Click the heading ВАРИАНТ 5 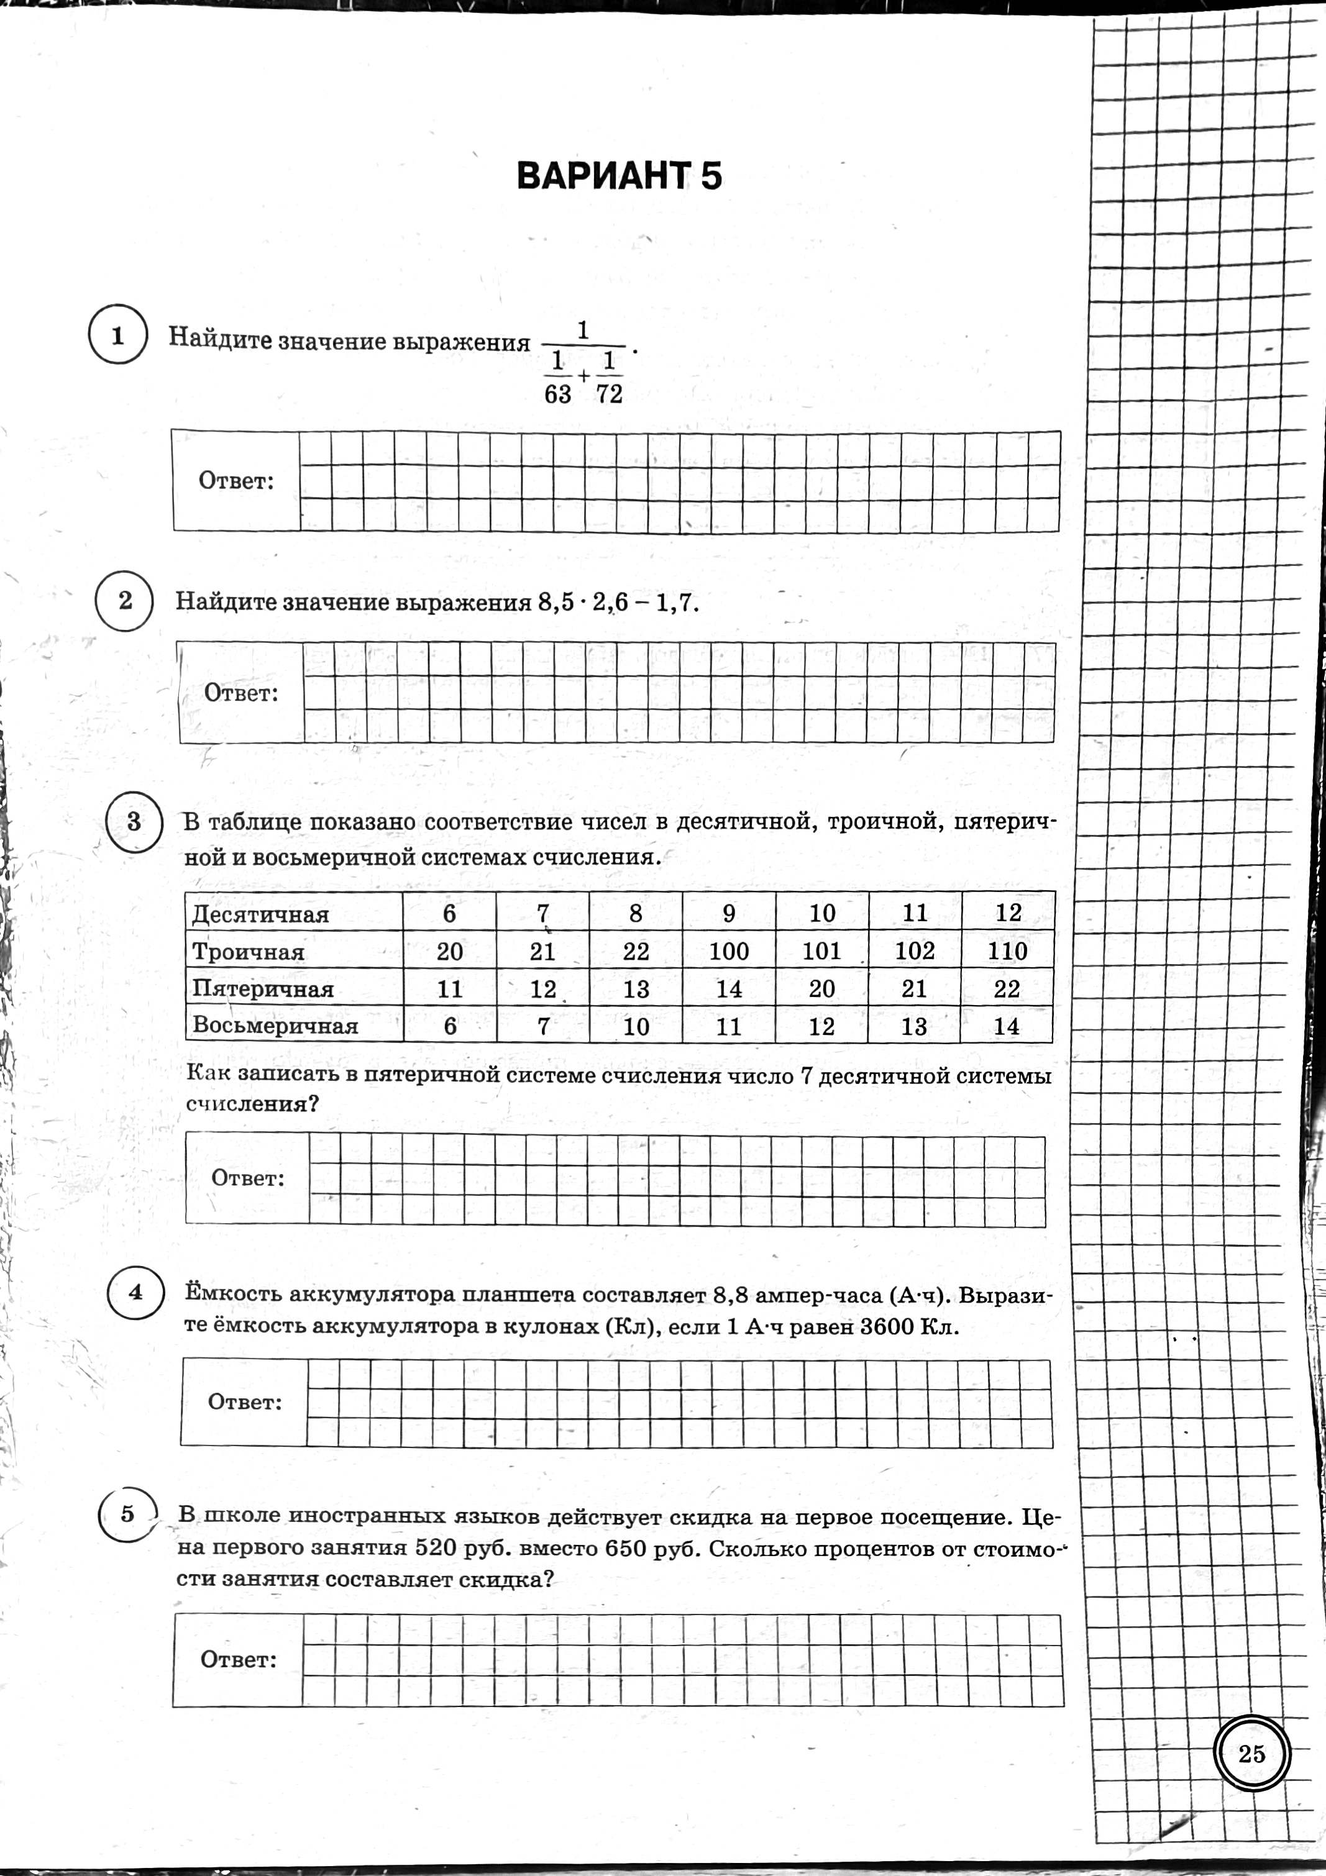point(619,176)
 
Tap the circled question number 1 point(117,335)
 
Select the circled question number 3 point(135,822)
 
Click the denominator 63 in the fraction point(557,394)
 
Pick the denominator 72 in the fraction point(610,394)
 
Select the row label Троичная point(248,952)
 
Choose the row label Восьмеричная point(275,1026)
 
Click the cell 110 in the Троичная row point(1007,951)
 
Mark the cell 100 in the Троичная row point(728,951)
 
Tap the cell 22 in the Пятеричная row point(1007,990)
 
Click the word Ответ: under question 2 point(241,694)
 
